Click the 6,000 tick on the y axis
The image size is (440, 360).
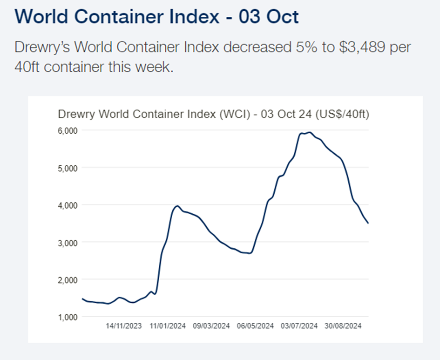[68, 131]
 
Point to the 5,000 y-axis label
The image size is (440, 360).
[68, 168]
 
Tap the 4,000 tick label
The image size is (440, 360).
[68, 206]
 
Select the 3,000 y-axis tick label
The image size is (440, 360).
[68, 243]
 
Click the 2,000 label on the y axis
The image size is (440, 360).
[68, 280]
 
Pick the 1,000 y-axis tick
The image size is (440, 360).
[68, 317]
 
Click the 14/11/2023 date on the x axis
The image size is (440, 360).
[124, 326]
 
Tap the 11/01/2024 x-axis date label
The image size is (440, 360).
[168, 326]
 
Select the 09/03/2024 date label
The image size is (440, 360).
[211, 326]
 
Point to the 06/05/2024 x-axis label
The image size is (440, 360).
[255, 326]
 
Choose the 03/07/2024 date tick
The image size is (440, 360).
[299, 326]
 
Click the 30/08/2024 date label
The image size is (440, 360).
[343, 326]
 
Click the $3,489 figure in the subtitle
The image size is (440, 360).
[362, 47]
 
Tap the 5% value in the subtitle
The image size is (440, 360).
[306, 47]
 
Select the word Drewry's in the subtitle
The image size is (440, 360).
[42, 48]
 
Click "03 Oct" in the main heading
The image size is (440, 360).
[269, 17]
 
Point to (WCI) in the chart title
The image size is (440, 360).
[235, 114]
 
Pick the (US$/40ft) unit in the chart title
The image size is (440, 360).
[342, 114]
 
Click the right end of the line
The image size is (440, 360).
[368, 224]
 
